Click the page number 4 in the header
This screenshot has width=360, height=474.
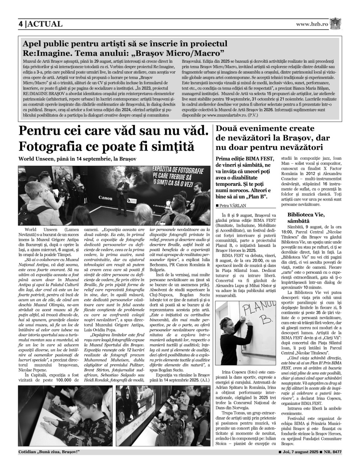(x=21, y=24)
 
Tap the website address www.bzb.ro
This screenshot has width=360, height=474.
(x=312, y=24)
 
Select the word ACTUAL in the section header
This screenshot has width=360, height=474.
(x=45, y=24)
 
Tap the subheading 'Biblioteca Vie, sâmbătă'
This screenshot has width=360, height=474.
(x=306, y=217)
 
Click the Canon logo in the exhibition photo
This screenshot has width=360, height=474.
(x=105, y=198)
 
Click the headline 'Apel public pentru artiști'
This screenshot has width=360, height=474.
(x=125, y=44)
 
